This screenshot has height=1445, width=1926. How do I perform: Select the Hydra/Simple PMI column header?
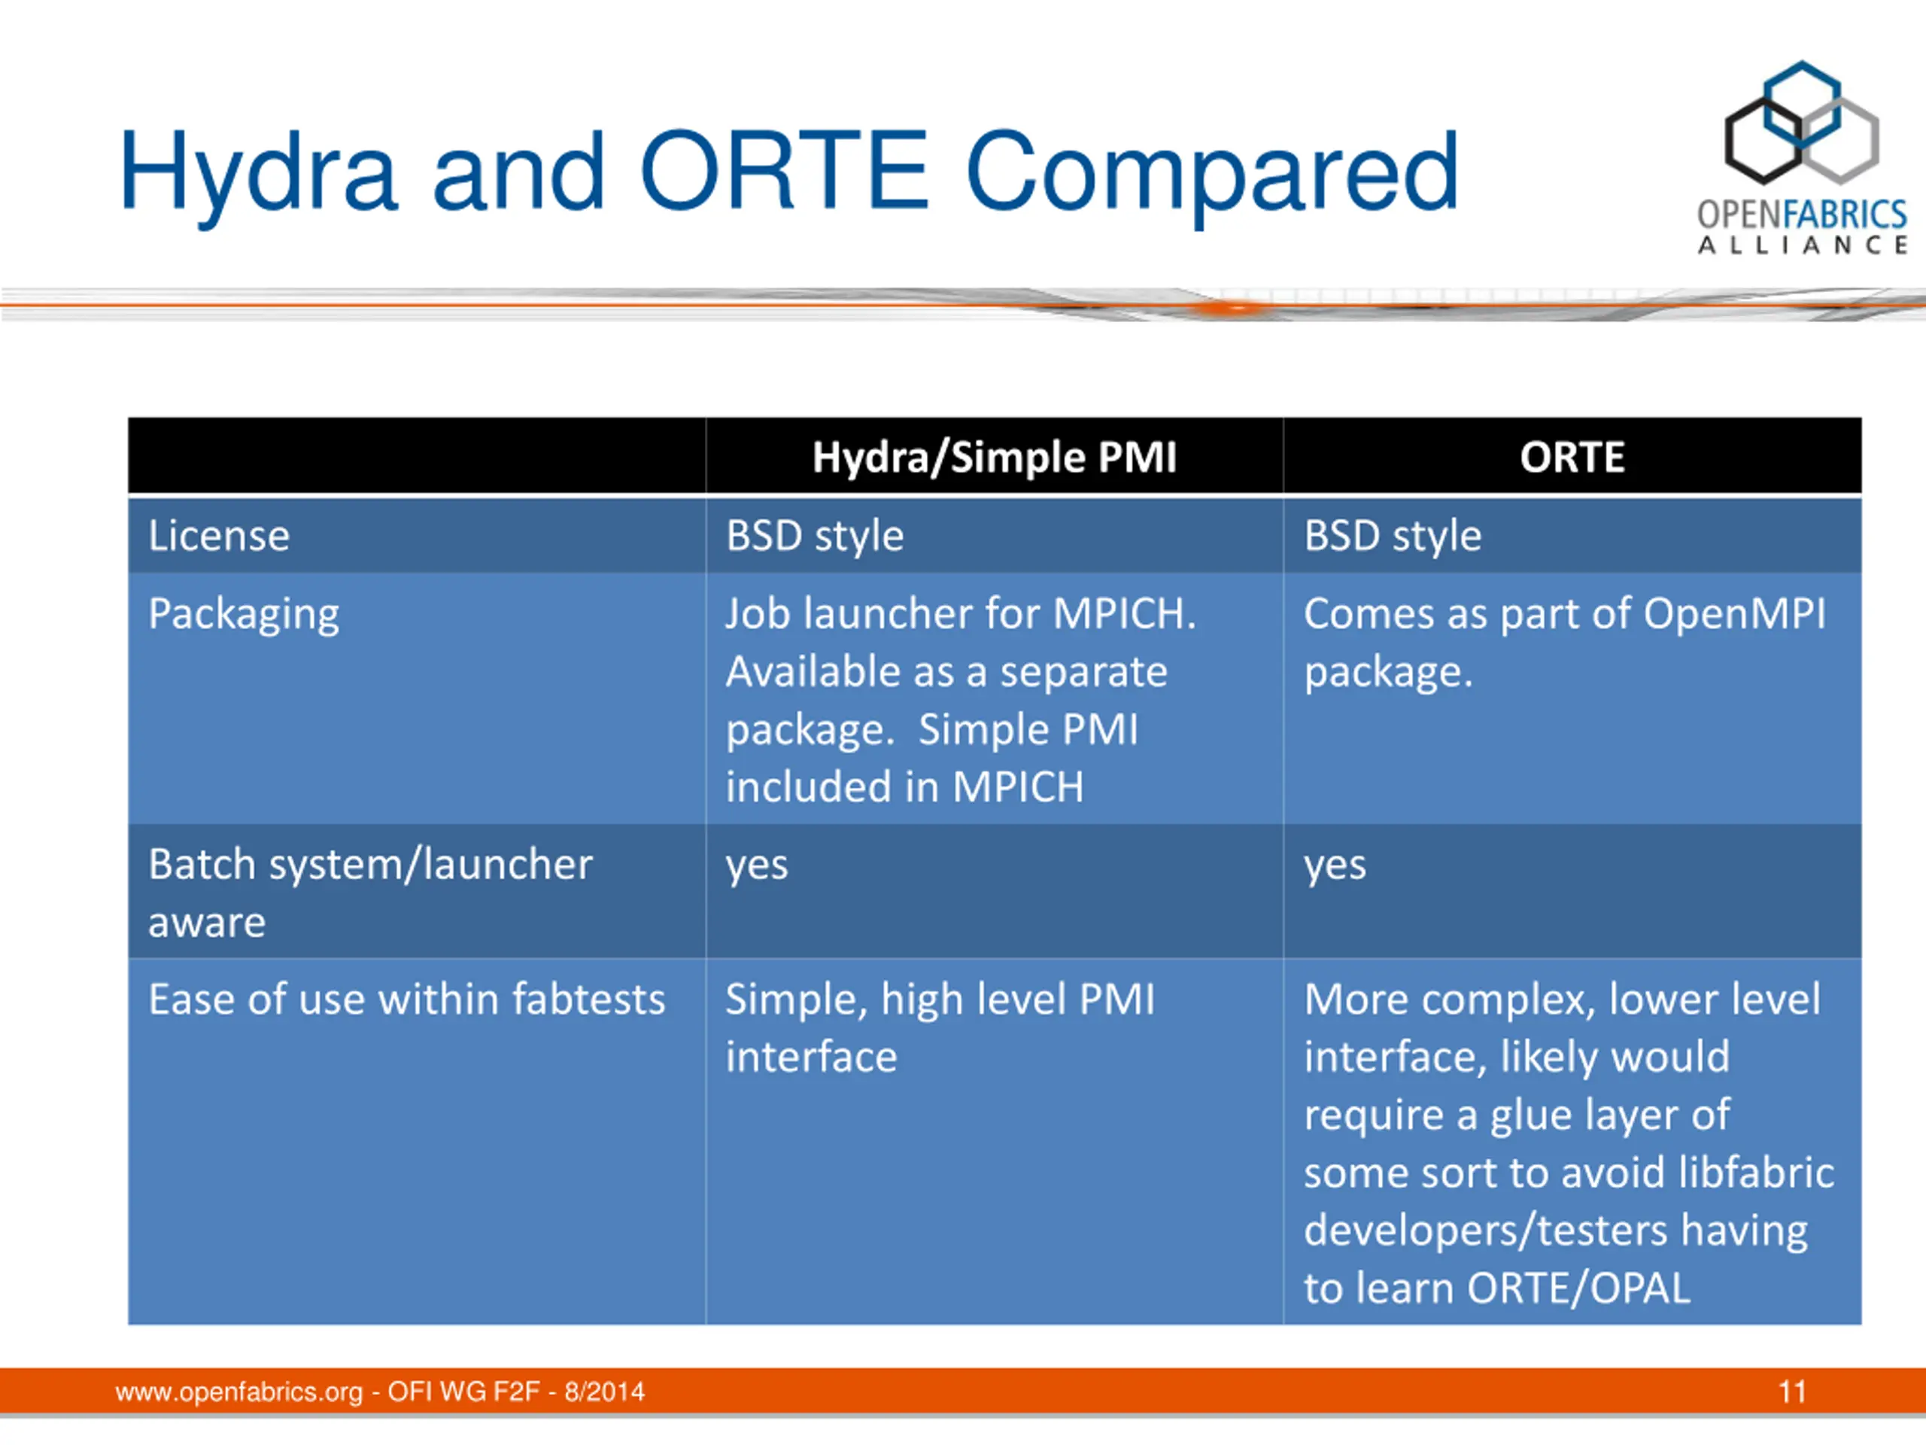995,458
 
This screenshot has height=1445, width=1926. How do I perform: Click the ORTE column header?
1572,458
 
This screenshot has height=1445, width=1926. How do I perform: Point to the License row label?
218,535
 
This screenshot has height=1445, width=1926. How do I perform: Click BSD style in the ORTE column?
1393,535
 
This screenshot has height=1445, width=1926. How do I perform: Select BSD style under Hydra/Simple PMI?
815,535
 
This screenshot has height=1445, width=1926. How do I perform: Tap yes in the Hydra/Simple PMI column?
757,865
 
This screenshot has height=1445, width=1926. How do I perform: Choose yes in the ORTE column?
1335,865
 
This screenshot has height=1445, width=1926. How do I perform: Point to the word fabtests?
588,999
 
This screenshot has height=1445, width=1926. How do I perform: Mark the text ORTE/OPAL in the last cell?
1578,1288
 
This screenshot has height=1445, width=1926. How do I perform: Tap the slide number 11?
1792,1392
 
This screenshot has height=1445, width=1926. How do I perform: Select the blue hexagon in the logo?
1802,105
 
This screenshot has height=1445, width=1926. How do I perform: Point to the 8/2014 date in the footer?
604,1392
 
